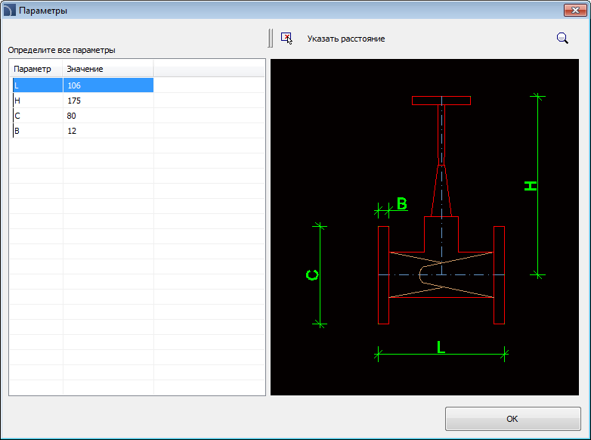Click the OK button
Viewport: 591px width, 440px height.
click(x=512, y=419)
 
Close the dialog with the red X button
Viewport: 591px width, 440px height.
click(x=575, y=10)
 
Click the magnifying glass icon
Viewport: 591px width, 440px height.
click(x=562, y=38)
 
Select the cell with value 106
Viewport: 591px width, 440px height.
click(x=108, y=85)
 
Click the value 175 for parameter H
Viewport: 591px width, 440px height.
click(x=108, y=101)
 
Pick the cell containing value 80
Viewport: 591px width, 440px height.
click(x=108, y=116)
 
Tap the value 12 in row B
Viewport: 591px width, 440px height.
click(x=108, y=131)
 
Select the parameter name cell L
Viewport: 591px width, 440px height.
click(x=38, y=85)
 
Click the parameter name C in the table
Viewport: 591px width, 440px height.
click(x=38, y=116)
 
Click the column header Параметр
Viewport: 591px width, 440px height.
click(x=32, y=69)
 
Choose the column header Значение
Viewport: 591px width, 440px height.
click(x=85, y=69)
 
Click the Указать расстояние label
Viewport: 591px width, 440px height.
click(x=346, y=39)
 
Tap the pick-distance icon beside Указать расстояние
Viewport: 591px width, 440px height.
click(x=286, y=38)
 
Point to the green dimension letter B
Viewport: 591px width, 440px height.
click(x=402, y=203)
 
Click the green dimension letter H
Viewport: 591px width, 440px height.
click(x=531, y=186)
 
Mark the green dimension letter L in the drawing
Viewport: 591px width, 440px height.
click(x=441, y=347)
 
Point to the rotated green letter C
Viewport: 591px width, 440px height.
click(x=312, y=275)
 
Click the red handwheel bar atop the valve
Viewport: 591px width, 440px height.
click(x=441, y=101)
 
